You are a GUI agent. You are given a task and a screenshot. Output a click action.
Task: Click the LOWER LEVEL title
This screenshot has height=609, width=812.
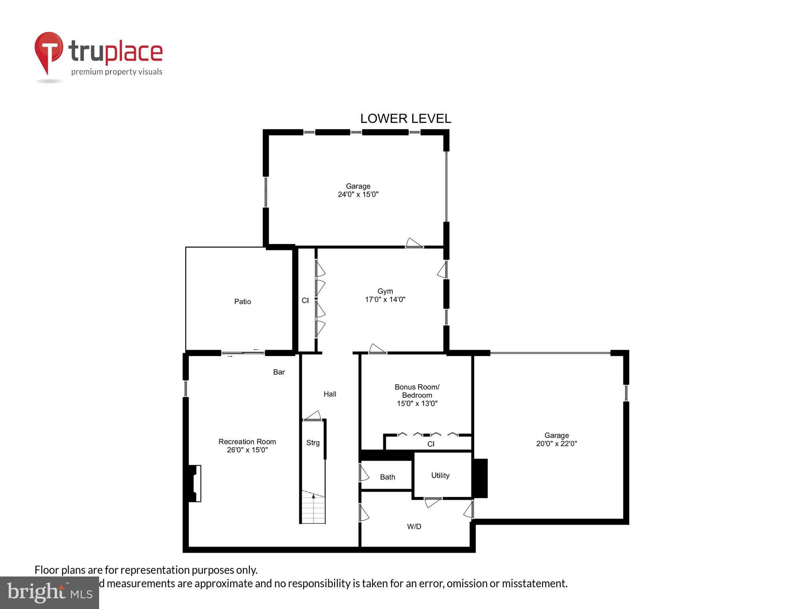405,119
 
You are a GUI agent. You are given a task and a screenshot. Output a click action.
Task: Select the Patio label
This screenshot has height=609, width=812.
242,302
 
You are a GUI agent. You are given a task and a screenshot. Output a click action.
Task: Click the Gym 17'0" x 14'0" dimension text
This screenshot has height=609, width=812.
385,300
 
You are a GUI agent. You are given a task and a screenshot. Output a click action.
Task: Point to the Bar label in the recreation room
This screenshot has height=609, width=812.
279,372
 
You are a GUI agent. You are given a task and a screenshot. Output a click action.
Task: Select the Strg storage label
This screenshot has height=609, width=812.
313,443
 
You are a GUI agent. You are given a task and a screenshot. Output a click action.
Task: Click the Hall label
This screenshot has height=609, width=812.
329,394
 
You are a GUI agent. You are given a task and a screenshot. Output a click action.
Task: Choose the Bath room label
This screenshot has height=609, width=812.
387,477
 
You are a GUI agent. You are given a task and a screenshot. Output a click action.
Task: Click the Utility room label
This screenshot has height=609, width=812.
440,475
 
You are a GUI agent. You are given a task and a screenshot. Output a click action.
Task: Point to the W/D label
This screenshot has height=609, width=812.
414,527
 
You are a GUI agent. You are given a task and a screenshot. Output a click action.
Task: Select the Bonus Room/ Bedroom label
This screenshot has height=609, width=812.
417,391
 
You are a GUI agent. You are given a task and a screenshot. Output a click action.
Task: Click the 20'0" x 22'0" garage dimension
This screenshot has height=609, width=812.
556,444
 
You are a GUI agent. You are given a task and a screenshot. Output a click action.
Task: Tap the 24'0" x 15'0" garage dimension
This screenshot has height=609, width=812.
358,195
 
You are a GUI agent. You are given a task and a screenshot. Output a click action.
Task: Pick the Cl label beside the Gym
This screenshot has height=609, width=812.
305,301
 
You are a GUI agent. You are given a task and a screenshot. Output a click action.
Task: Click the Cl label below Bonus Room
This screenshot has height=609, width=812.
431,444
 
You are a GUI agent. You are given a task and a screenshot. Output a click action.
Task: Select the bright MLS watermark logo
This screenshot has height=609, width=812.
50,593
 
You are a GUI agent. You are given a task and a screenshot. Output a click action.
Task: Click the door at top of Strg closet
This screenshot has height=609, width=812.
312,416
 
